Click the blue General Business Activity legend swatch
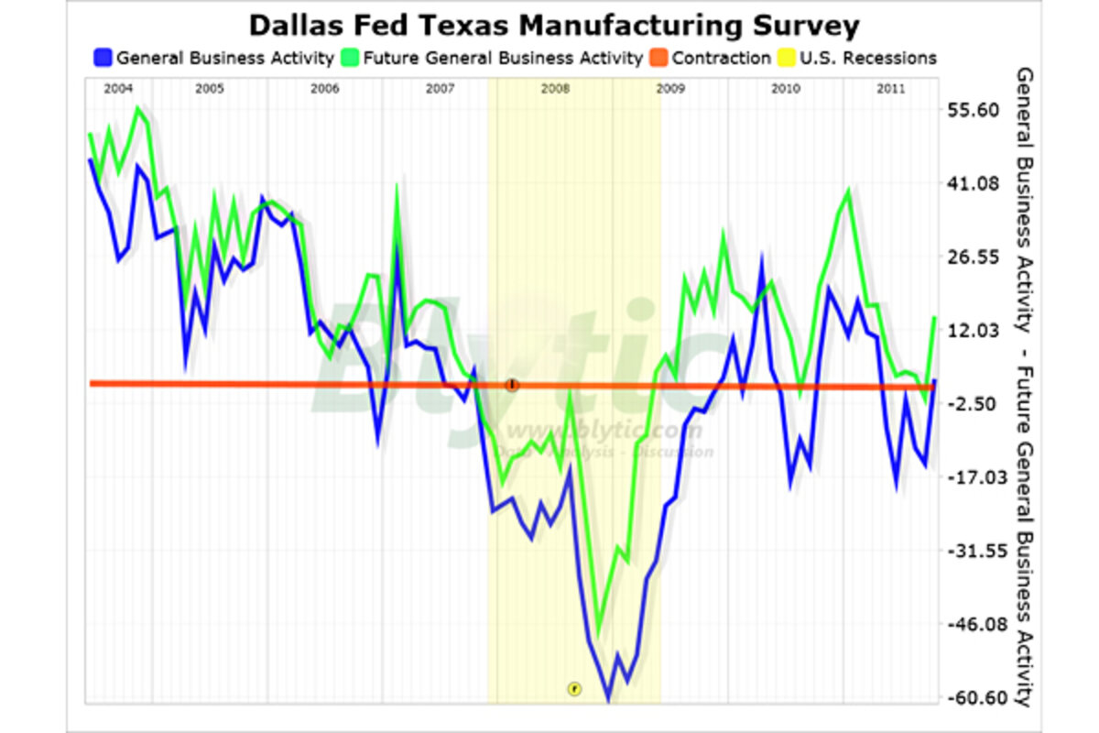103,59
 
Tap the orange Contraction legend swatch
659,59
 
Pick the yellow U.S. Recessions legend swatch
787,59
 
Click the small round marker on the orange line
512,385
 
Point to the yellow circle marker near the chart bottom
574,688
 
